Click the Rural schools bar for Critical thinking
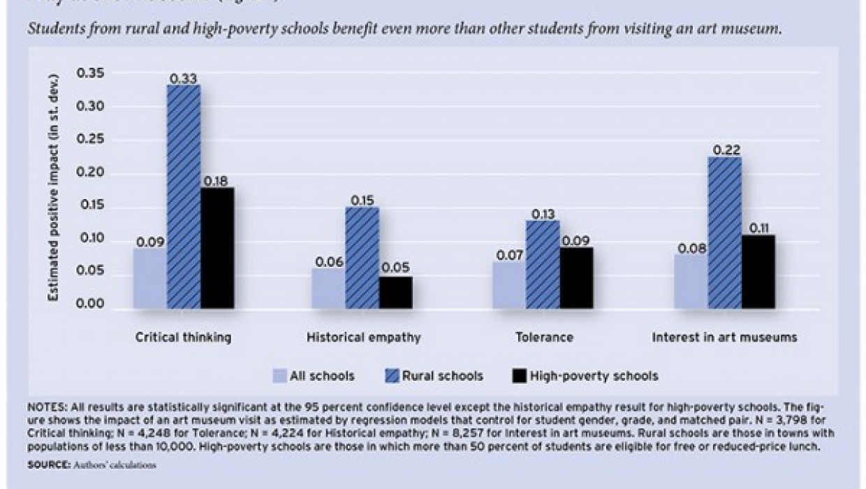184,196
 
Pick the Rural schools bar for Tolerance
543,264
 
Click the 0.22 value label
725,149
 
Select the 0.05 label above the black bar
396,268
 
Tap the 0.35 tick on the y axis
92,73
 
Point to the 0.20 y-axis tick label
92,173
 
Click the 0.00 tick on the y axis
92,305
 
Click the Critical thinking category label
183,337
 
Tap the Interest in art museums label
724,337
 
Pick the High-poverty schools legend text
594,376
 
